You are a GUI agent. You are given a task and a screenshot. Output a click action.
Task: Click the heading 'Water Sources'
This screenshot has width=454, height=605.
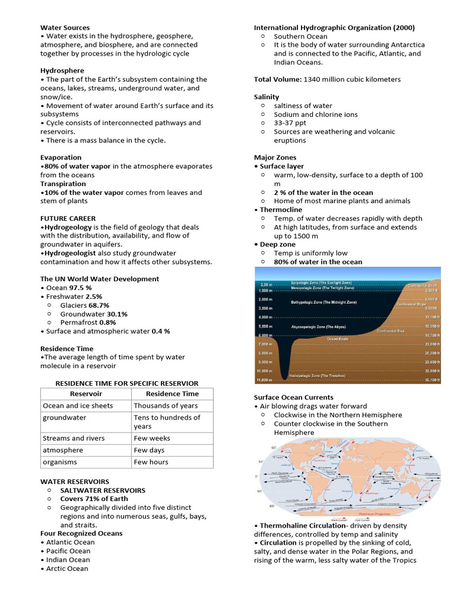coord(65,27)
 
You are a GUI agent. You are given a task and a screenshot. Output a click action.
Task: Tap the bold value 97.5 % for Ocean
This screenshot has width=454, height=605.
coord(80,287)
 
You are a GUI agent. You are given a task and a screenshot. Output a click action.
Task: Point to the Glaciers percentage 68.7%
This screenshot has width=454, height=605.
coord(98,305)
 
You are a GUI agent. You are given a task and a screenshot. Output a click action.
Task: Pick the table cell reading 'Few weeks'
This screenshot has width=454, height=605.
coord(152,438)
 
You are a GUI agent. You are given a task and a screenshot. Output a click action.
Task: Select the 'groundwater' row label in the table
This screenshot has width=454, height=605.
coord(64,417)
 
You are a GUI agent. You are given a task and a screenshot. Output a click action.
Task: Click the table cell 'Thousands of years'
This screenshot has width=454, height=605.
coord(166,405)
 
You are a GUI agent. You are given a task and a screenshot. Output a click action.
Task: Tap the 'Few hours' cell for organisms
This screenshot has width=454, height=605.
coord(151,462)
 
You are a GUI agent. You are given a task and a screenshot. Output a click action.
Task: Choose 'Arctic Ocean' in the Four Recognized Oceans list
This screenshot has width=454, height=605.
coord(67,568)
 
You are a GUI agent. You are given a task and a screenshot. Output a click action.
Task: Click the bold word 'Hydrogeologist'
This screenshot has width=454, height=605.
coord(70,253)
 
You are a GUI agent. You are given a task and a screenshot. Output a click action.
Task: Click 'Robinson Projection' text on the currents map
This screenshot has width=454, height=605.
coord(346,514)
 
